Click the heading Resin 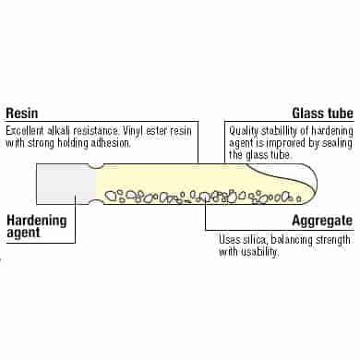tap(22, 113)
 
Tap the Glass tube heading tap(323, 113)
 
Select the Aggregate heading tap(322, 221)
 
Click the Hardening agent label tap(37, 226)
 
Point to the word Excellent tap(25, 131)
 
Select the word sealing tap(337, 143)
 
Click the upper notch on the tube tap(96, 166)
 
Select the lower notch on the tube tap(96, 202)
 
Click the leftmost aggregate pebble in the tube tap(110, 196)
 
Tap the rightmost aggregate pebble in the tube tap(298, 198)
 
